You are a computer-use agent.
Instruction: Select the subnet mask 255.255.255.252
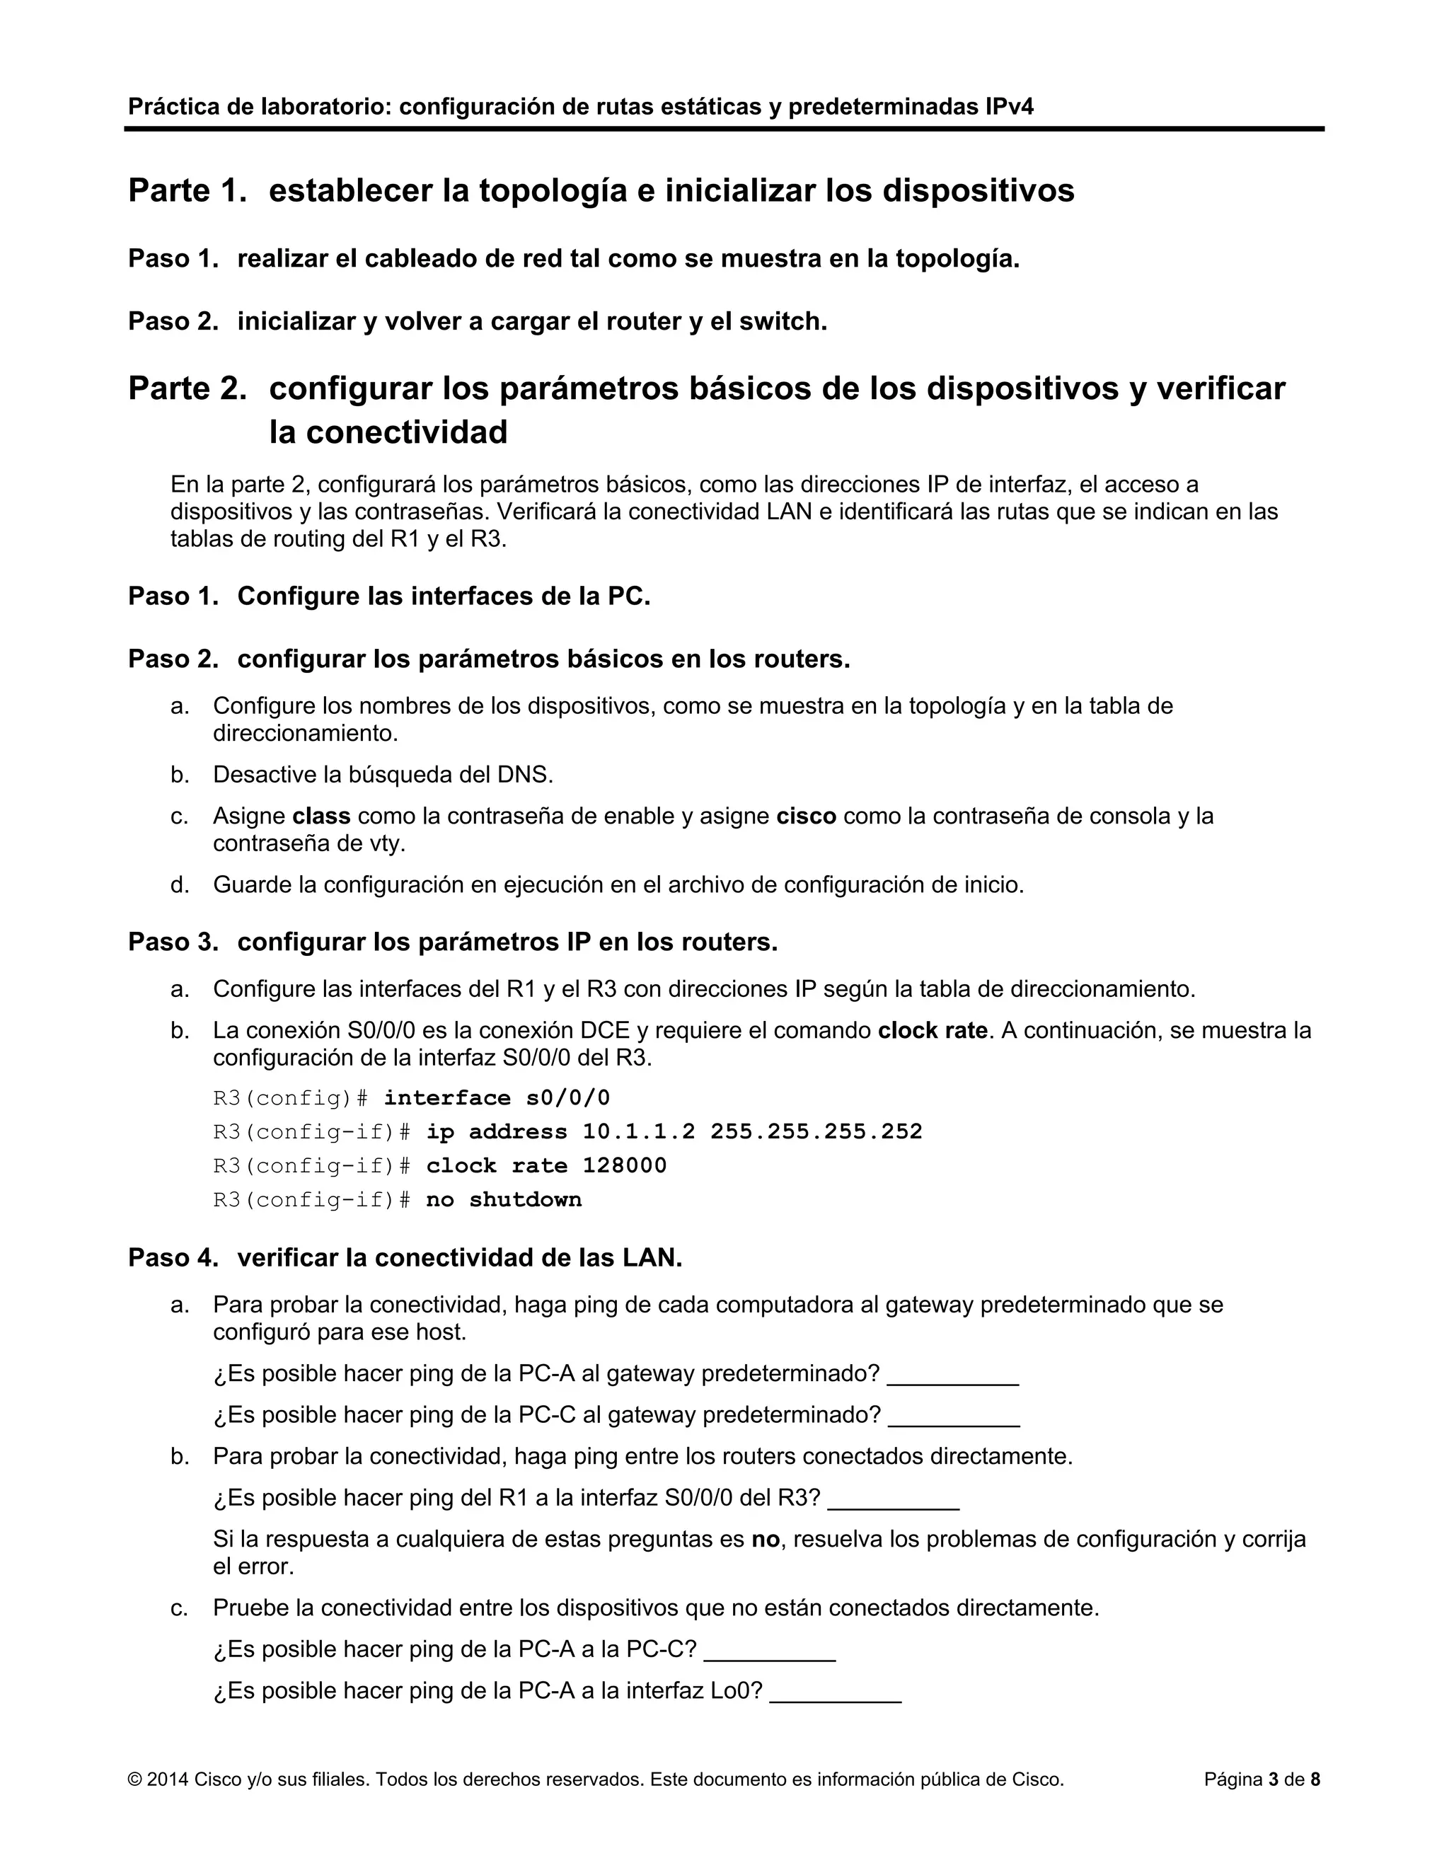pyautogui.click(x=816, y=1131)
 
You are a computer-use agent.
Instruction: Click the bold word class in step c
pyautogui.click(x=321, y=816)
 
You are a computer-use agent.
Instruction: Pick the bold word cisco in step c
pyautogui.click(x=806, y=816)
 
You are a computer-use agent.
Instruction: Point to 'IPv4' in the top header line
pyautogui.click(x=1010, y=106)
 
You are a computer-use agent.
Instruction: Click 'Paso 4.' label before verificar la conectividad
pyautogui.click(x=173, y=1258)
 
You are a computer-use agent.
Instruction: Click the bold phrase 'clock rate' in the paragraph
pyautogui.click(x=933, y=1030)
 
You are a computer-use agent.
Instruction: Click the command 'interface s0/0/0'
pyautogui.click(x=496, y=1098)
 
